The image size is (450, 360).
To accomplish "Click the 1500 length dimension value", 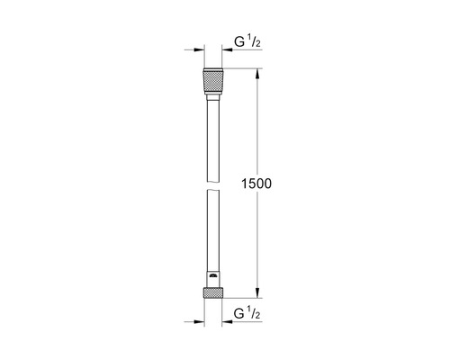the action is click(x=256, y=184).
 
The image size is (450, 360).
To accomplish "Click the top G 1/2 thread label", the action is click(x=247, y=42).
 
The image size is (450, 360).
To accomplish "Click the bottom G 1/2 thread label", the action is click(x=247, y=313).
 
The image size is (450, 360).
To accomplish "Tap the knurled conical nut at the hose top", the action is click(x=213, y=81).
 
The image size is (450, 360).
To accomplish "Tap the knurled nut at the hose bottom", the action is click(x=213, y=292).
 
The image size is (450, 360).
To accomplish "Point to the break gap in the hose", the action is click(x=213, y=185).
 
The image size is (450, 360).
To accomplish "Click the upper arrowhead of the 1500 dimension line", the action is click(x=257, y=74).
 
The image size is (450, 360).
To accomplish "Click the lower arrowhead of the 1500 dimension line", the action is click(x=257, y=292).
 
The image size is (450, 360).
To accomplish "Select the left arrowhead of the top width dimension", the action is click(x=199, y=49).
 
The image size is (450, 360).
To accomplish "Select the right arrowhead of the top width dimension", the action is click(x=227, y=49).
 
